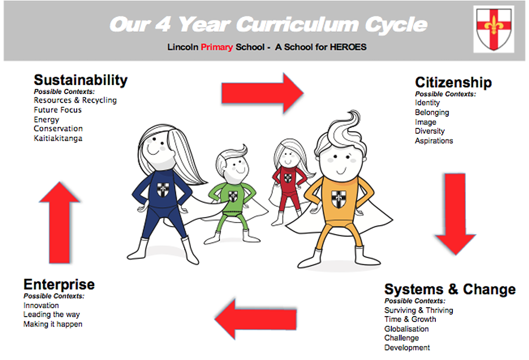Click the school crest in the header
(494, 29)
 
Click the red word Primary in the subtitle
(217, 47)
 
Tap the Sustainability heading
(80, 80)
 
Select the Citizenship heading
(453, 82)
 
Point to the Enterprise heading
(59, 285)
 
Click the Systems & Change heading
(450, 290)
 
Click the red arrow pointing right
(262, 93)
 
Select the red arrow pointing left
(256, 319)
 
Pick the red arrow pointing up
(59, 223)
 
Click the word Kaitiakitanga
(58, 138)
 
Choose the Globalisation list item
(406, 329)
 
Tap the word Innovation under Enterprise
(41, 306)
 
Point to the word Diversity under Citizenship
(430, 131)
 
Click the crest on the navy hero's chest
(162, 190)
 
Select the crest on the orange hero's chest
(339, 199)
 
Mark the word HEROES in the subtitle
(348, 47)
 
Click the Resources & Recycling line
(75, 100)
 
